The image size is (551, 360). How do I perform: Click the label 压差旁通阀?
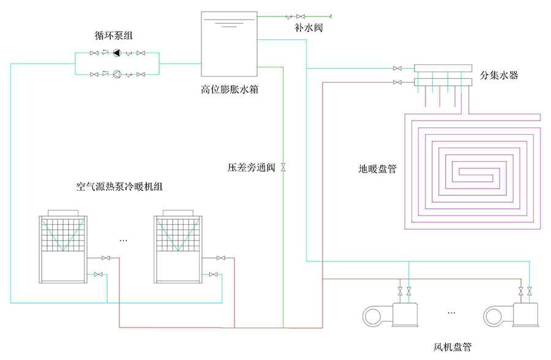(252, 167)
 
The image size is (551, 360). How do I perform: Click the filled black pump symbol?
(117, 54)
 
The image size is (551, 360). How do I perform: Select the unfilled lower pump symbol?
(117, 75)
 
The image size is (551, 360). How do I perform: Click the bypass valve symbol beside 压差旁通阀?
(283, 167)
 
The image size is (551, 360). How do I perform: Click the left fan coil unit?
(392, 315)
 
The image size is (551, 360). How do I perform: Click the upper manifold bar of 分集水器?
(443, 69)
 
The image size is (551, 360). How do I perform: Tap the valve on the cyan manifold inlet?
(397, 68)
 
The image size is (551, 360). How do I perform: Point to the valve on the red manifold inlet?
(397, 82)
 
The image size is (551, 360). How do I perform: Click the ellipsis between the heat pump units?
(124, 241)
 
